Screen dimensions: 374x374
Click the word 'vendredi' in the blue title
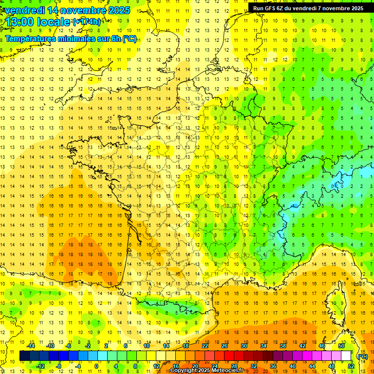(x=24, y=10)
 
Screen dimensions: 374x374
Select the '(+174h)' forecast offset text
(x=87, y=21)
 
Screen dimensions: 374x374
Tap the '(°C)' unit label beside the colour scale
(x=362, y=356)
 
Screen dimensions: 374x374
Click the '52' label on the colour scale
(x=351, y=366)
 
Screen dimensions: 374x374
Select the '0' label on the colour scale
(x=96, y=366)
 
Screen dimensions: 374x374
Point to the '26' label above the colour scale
(x=224, y=346)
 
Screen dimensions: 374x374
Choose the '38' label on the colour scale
(x=282, y=346)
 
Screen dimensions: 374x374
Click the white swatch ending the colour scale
(x=346, y=356)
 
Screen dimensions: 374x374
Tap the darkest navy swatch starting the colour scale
(x=24, y=356)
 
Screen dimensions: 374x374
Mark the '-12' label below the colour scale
(x=41, y=366)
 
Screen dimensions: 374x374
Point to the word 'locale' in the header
(x=53, y=22)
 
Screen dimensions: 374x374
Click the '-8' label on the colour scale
(x=59, y=366)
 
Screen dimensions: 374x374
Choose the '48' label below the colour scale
(x=332, y=366)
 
